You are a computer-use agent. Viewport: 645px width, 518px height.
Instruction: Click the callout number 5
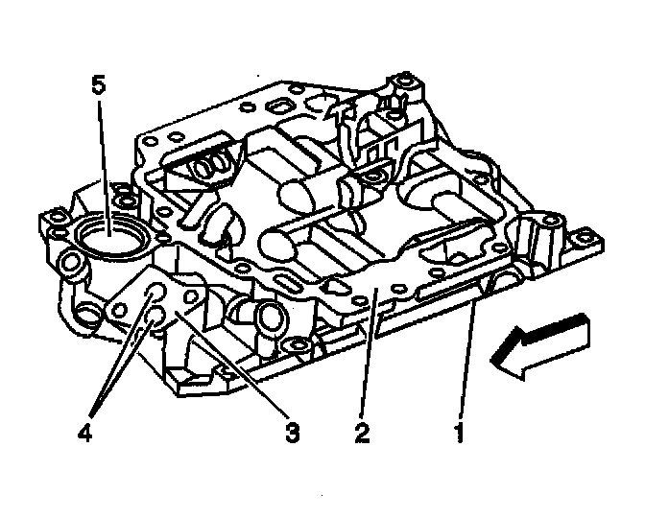pos(98,84)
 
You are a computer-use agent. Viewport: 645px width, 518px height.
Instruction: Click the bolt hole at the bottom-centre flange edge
pos(299,344)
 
